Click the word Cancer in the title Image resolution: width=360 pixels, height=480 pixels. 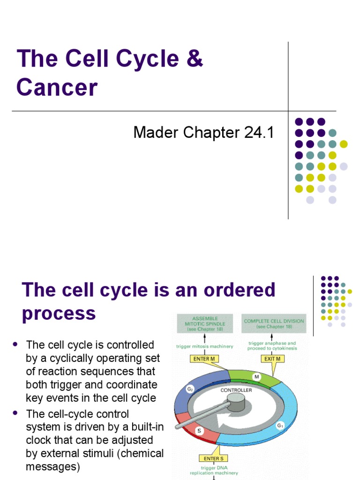[x=57, y=87]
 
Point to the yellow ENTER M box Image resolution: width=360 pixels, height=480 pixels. [x=204, y=359]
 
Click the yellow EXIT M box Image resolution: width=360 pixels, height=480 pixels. [x=272, y=359]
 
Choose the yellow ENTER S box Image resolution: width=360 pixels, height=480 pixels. [x=214, y=458]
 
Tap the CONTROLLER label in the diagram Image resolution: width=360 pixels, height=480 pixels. [x=236, y=390]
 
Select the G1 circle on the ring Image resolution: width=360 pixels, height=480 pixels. [x=280, y=425]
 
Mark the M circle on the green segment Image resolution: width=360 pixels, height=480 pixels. [x=257, y=376]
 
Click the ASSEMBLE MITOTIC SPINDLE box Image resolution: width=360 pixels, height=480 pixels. [x=204, y=323]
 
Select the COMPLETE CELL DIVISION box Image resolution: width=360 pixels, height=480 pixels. [x=274, y=323]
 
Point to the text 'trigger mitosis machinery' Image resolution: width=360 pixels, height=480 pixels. [x=204, y=346]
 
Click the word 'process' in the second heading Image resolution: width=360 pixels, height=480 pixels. [x=59, y=313]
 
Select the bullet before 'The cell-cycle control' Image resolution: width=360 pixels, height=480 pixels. [x=15, y=413]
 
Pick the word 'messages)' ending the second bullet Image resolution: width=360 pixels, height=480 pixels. [x=53, y=466]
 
